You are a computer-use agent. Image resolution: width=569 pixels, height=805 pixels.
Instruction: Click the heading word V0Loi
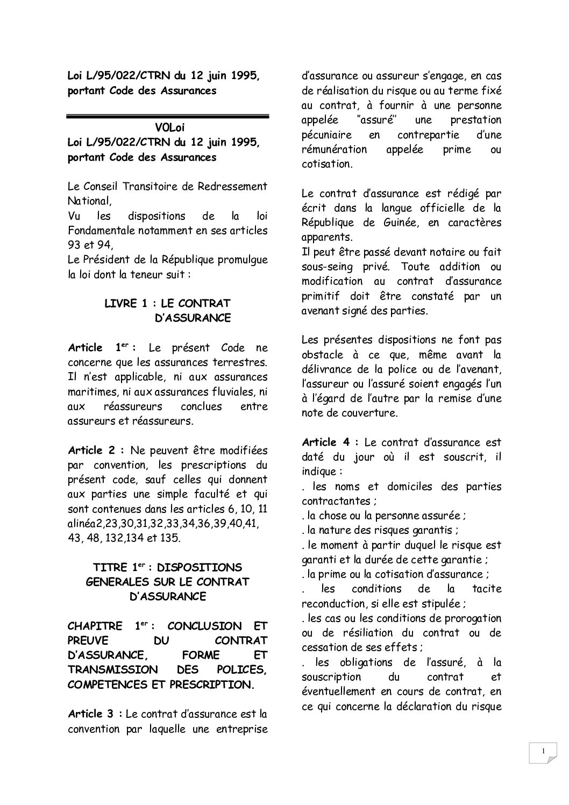[167, 128]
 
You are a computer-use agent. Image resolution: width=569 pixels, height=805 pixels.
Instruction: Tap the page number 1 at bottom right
[544, 751]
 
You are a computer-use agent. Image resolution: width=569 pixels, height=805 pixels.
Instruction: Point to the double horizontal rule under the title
[167, 115]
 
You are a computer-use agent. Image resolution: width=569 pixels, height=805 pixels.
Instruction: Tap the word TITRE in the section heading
[110, 567]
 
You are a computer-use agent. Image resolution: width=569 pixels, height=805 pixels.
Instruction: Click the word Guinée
[400, 222]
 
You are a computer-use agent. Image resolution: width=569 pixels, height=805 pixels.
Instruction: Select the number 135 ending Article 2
[171, 538]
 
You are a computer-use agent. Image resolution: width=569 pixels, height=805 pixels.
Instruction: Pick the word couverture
[371, 414]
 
